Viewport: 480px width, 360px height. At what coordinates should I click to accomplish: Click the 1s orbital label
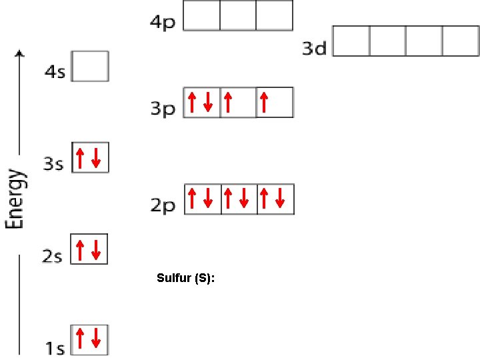coord(55,347)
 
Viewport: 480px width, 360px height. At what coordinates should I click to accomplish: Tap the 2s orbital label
coord(53,255)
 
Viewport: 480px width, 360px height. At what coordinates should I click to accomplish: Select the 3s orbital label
coord(53,163)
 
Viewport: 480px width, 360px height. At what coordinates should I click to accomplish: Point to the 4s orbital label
coord(55,71)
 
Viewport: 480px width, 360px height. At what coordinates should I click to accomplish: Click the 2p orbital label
coord(162,205)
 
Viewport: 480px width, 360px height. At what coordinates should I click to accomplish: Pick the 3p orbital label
coord(162,108)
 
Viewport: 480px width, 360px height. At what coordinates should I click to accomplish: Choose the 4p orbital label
coord(163,22)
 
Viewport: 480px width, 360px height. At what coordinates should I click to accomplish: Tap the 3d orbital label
coord(314,48)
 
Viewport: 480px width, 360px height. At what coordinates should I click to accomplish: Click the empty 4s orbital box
coord(89,67)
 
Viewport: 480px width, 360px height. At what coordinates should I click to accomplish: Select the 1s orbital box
coord(89,339)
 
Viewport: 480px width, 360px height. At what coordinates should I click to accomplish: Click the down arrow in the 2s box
coord(96,250)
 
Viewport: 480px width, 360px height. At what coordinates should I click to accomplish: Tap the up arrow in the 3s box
coord(81,158)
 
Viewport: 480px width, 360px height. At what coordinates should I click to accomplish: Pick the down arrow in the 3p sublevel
coord(208,102)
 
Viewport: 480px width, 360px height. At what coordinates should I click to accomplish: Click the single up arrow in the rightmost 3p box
coord(265,102)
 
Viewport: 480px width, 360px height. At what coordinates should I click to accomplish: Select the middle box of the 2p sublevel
coord(238,199)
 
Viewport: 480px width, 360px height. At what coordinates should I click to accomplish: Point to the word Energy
coord(15,199)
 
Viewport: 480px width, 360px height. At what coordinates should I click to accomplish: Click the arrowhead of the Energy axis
coord(20,53)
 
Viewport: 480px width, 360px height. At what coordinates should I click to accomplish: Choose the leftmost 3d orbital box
coord(351,41)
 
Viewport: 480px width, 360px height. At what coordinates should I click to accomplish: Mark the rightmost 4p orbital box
coord(274,15)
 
